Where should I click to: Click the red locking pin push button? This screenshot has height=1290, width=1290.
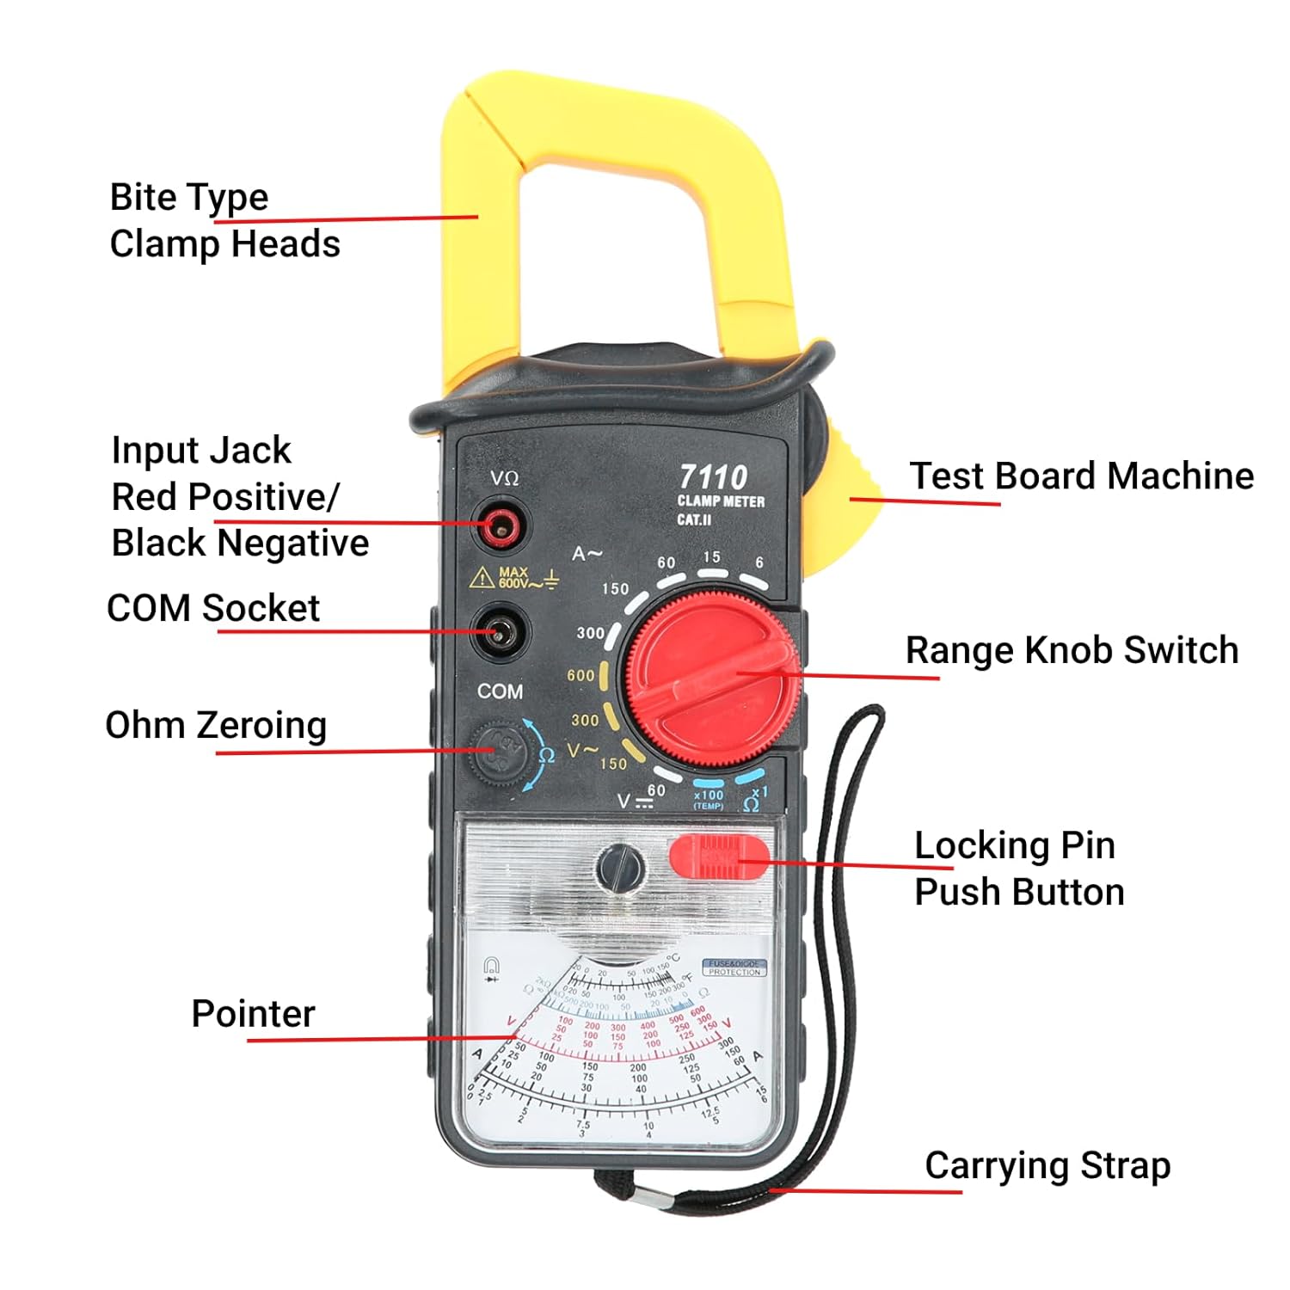(719, 857)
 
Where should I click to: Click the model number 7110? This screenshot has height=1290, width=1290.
(713, 476)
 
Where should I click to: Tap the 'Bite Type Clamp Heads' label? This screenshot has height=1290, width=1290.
(224, 220)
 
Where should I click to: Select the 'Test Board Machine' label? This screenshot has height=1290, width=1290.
(1081, 476)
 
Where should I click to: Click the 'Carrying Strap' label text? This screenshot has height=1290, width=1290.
(1047, 1165)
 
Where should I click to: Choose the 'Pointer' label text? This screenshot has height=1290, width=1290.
(253, 1013)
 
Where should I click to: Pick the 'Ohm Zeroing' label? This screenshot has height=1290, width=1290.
(216, 725)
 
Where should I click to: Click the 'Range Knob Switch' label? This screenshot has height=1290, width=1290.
(1072, 650)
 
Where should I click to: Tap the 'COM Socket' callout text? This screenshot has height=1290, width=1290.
(212, 608)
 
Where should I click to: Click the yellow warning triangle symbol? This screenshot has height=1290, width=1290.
(481, 577)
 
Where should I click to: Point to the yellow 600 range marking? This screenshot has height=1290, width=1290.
(580, 675)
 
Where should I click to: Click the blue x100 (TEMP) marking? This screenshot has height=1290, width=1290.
(709, 797)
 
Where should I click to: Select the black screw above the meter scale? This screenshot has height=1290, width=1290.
(620, 867)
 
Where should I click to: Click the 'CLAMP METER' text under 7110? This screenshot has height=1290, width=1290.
(721, 501)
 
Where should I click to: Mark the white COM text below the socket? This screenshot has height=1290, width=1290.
(500, 691)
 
